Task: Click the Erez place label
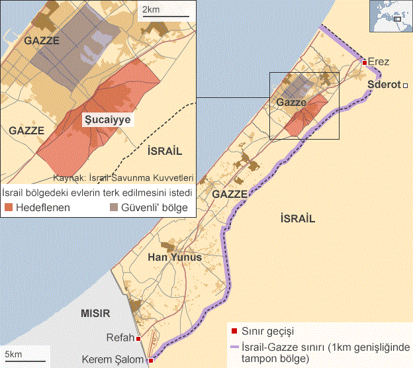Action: [380, 62]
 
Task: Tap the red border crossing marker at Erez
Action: [365, 62]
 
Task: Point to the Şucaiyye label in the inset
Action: [106, 120]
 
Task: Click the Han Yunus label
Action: [175, 257]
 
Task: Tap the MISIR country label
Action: [95, 312]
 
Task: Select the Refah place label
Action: [120, 338]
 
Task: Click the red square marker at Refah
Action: [139, 339]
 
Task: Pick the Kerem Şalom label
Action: [114, 359]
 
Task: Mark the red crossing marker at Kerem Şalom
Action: [151, 361]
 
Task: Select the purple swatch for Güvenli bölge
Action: [114, 207]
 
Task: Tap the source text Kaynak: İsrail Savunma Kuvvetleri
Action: [123, 177]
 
